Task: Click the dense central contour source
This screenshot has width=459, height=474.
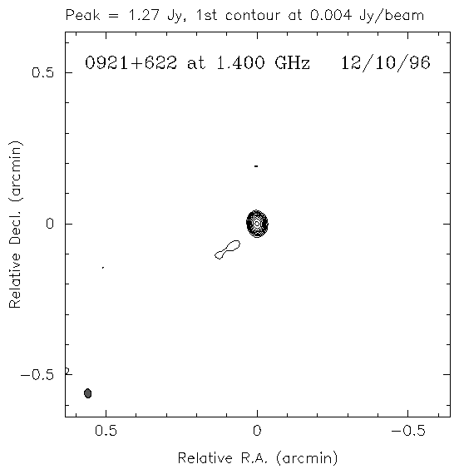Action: [257, 224]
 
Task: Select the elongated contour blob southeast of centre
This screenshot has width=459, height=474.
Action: [227, 249]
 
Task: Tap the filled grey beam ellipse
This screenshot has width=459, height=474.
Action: [87, 393]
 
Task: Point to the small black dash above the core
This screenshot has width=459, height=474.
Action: [256, 166]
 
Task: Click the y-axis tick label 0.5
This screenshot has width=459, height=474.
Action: [42, 72]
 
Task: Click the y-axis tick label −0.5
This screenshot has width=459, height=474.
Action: [37, 375]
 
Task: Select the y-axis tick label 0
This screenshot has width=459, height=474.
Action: [50, 224]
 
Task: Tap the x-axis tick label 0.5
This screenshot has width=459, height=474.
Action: [106, 431]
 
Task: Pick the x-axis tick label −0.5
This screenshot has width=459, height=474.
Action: [408, 431]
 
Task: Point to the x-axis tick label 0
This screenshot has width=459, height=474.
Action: [257, 431]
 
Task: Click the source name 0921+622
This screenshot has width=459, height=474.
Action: [131, 63]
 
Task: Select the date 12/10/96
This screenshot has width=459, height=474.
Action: [386, 63]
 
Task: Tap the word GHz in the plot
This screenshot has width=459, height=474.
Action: [293, 63]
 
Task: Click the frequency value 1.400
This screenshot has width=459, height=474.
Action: [241, 63]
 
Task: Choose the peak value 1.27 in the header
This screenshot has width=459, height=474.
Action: [144, 15]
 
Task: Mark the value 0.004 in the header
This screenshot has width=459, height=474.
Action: [331, 15]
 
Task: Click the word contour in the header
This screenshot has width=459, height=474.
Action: [252, 16]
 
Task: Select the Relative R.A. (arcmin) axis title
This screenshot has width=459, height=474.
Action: [257, 458]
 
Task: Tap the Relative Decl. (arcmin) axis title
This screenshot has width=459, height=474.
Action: [15, 225]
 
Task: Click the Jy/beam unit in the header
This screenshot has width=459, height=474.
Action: [392, 16]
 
